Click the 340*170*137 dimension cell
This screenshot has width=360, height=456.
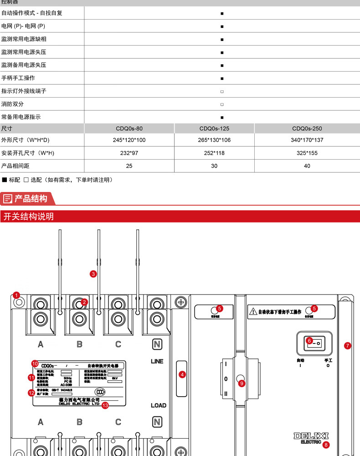click(307, 140)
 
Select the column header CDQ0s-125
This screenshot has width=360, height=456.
click(214, 129)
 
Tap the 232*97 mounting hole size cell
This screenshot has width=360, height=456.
click(129, 153)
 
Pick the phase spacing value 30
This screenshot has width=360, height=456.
click(214, 166)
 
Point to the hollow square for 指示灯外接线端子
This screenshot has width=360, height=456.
click(222, 92)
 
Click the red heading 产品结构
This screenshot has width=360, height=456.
click(31, 199)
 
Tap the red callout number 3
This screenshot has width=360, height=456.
click(93, 274)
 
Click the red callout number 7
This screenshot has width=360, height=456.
click(347, 346)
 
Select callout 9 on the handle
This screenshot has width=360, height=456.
click(242, 383)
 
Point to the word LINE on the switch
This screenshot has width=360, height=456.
click(157, 361)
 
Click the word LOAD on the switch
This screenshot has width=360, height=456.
click(158, 405)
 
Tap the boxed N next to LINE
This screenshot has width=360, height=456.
click(157, 344)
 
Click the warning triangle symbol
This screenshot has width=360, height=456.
click(253, 312)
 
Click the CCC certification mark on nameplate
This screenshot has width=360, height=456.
click(100, 391)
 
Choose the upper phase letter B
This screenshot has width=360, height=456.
click(79, 344)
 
